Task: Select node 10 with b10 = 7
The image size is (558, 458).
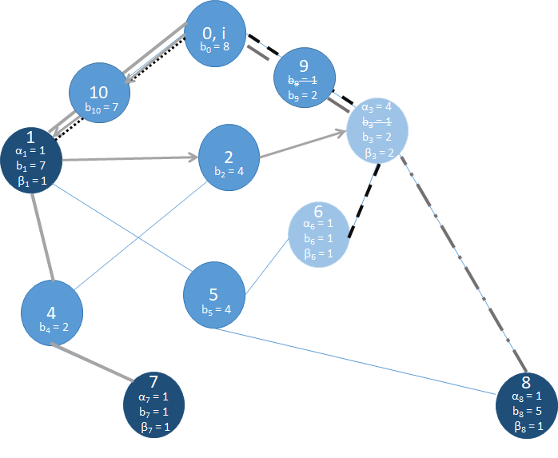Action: point(100,92)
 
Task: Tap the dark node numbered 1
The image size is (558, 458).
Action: point(32,156)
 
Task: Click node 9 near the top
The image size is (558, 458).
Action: point(303,78)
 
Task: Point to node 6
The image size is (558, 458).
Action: point(318,233)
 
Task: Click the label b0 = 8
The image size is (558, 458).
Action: point(216,47)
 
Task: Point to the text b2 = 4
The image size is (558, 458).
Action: point(229,171)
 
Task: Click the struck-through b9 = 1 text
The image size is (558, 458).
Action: point(303,81)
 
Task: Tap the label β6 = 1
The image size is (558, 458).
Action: point(318,254)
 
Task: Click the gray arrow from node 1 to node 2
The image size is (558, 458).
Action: point(128,159)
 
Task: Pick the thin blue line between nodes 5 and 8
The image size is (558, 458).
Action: point(360,360)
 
